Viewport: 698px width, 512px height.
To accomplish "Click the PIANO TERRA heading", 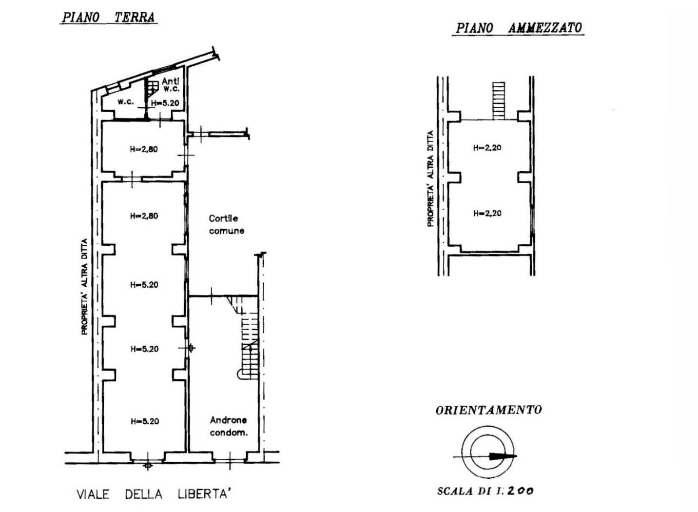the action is (x=108, y=17).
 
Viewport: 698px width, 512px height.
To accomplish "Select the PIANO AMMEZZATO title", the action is (x=519, y=28).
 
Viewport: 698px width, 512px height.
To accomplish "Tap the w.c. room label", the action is (x=126, y=101).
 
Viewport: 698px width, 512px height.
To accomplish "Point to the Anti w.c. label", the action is (x=171, y=85).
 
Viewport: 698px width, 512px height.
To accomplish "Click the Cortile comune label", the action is (x=227, y=224).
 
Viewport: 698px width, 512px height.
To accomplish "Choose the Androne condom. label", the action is (x=229, y=426).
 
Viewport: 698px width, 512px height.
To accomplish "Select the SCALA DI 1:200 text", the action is (x=485, y=491).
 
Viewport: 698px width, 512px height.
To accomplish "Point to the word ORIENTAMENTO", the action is (x=488, y=410).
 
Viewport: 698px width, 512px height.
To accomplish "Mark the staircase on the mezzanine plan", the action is (x=499, y=101).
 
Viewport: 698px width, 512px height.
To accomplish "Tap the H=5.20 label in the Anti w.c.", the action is (x=165, y=102).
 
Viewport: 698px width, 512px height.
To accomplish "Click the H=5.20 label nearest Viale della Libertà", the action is (x=145, y=421).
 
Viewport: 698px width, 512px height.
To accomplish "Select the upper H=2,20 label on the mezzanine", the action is (x=487, y=147).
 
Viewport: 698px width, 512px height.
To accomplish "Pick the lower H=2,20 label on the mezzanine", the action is (x=487, y=213).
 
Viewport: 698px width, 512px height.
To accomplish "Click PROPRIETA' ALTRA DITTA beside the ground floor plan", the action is (x=84, y=287).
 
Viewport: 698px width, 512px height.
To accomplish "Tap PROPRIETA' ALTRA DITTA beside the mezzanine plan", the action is (x=430, y=178).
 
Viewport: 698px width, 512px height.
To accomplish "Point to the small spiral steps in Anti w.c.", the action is (x=153, y=88).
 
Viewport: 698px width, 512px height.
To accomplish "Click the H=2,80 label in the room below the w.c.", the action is (x=144, y=149).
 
